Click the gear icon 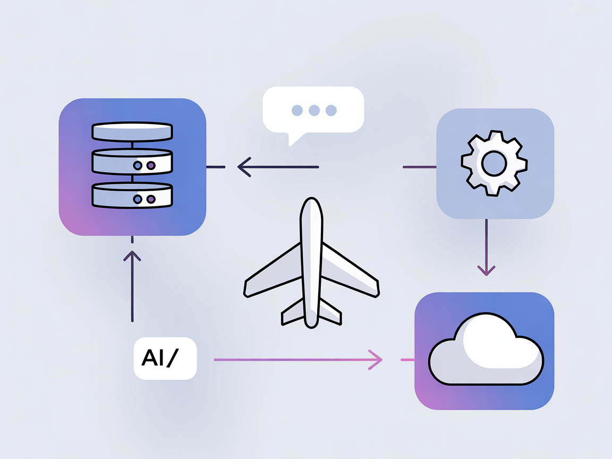tap(494, 163)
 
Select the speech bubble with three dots tap(313, 109)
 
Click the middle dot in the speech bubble tap(314, 110)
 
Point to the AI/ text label tap(165, 359)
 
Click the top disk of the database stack tap(132, 131)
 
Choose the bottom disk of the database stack tap(132, 195)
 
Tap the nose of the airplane tap(311, 205)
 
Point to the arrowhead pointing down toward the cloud tap(486, 271)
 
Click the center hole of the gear tap(494, 163)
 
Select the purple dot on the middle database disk tap(150, 166)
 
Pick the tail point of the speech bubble tap(290, 143)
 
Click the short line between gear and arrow tap(419, 167)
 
